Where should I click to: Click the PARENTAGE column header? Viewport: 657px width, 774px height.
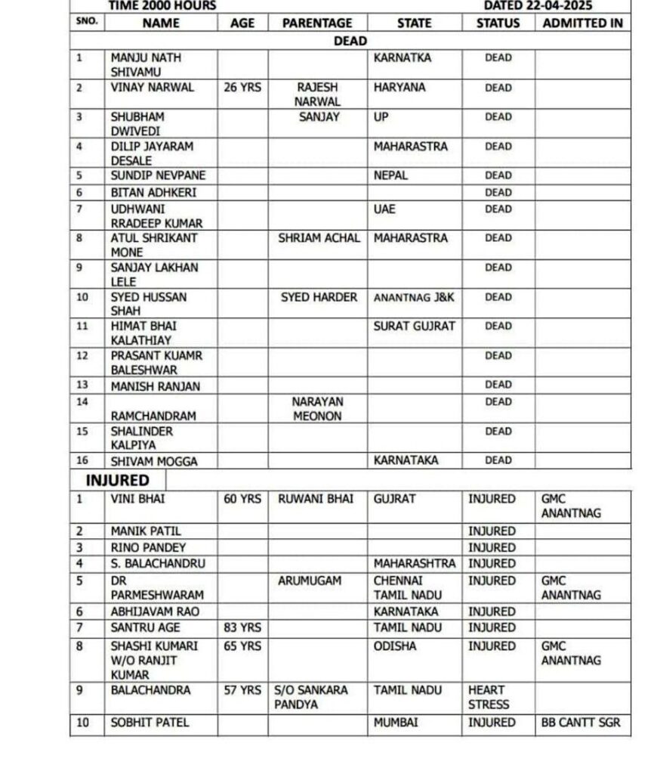point(317,23)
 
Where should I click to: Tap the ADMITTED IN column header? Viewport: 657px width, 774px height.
point(582,23)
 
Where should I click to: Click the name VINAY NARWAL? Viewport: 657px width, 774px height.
point(152,88)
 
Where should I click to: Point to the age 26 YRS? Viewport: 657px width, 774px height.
point(242,88)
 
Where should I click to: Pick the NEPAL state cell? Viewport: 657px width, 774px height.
point(390,175)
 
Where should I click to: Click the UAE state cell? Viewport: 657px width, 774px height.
point(384,209)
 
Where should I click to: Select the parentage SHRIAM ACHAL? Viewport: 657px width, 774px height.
point(317,238)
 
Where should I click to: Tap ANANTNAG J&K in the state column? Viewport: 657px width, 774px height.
point(414,298)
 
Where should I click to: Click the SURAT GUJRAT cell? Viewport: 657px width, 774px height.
point(414,326)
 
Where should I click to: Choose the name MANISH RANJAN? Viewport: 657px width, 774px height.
point(156,386)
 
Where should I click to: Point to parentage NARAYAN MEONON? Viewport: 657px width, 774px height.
point(317,409)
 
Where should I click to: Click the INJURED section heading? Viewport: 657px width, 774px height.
point(117,481)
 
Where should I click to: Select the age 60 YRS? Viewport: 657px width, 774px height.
point(242,500)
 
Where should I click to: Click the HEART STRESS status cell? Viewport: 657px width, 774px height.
point(488,698)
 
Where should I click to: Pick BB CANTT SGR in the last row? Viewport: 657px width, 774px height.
point(581,723)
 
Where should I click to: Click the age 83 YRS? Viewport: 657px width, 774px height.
point(242,628)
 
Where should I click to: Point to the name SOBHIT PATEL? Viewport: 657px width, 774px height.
point(150,723)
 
